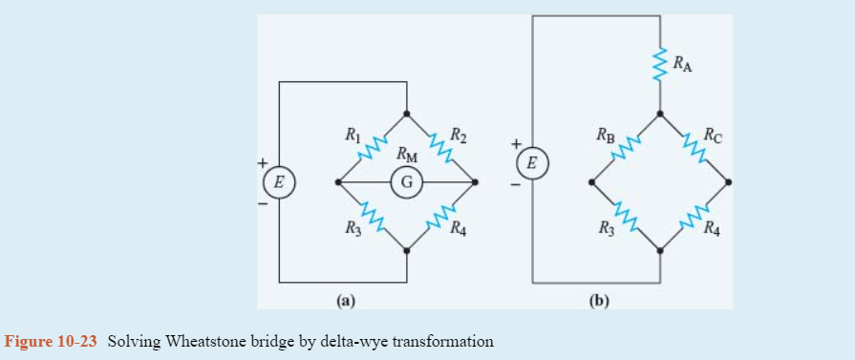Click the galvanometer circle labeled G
406,181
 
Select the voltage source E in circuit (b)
532,164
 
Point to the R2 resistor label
459,134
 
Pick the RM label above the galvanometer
406,156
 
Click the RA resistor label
683,64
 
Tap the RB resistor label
606,135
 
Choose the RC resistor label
713,135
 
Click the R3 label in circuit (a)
353,228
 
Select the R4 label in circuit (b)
713,228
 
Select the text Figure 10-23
52,341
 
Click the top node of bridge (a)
407,113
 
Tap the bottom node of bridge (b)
660,250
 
